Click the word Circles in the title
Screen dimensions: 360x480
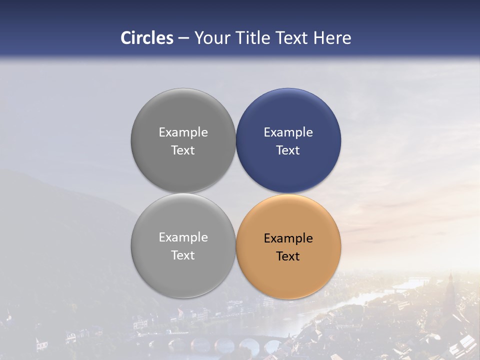[146, 38]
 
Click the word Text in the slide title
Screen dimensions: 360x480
[293, 38]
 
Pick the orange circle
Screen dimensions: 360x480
[288, 272]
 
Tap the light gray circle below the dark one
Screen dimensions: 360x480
[183, 272]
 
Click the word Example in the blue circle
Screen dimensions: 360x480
[288, 132]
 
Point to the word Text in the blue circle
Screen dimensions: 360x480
[288, 150]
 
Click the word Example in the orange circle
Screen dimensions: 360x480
[288, 238]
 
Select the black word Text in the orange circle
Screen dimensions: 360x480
[288, 256]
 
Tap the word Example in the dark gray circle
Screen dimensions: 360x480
[183, 132]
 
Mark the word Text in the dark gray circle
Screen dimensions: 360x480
[183, 150]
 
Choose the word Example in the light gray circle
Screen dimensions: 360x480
[183, 237]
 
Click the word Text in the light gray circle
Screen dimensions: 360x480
[183, 255]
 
